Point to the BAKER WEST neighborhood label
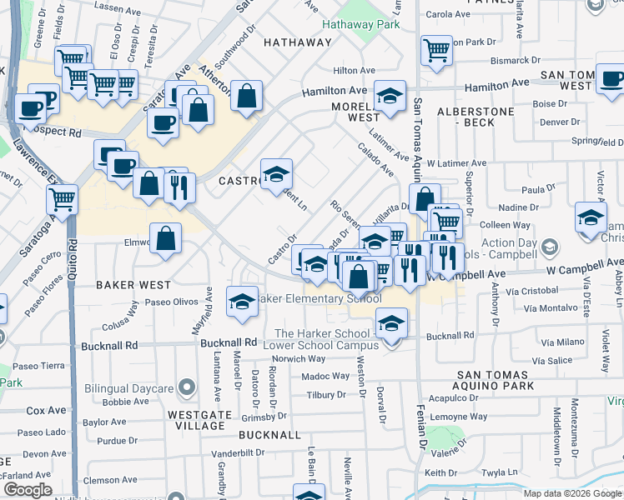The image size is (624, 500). click(x=133, y=284)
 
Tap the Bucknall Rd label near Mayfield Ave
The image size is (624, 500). click(x=228, y=342)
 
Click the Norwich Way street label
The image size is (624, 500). click(x=299, y=359)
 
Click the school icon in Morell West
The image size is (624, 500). click(x=390, y=96)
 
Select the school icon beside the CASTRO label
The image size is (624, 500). click(x=276, y=174)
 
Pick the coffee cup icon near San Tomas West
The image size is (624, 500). click(x=611, y=80)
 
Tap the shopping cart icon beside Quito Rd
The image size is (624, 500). click(x=62, y=200)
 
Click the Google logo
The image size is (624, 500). click(x=28, y=490)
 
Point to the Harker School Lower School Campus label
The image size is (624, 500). click(x=322, y=339)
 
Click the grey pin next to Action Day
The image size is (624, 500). click(x=549, y=246)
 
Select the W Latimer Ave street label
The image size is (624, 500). click(x=455, y=163)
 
